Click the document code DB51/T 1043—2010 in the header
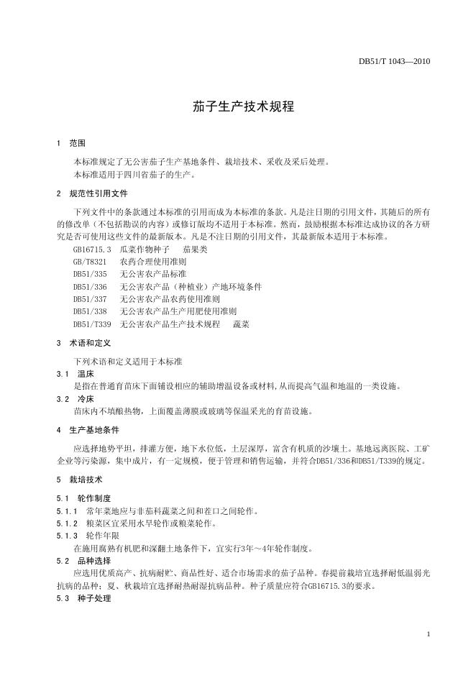point(394,61)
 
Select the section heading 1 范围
point(71,144)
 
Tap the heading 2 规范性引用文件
point(92,194)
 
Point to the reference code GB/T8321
point(90,261)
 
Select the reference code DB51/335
point(90,274)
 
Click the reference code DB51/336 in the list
point(90,286)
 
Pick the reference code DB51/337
point(90,299)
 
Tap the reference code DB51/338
point(90,311)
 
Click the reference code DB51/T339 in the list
point(92,324)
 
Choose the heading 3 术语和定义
point(83,344)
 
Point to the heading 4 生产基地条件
point(88,430)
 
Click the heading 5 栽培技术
point(79,479)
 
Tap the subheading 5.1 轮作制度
point(83,498)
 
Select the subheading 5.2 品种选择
point(83,560)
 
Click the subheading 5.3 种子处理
point(83,598)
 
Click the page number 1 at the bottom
point(429,633)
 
